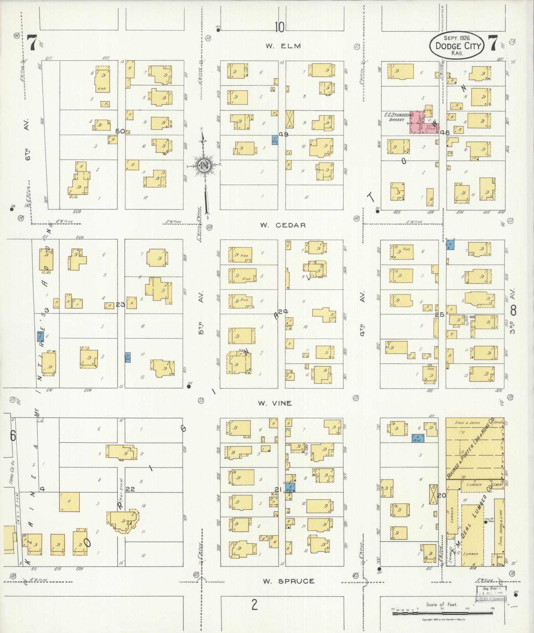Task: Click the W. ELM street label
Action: (x=283, y=46)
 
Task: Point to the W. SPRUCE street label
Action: (x=289, y=581)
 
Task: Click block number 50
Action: (x=120, y=131)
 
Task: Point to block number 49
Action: (x=284, y=134)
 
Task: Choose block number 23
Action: (x=120, y=304)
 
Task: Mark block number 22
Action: (x=130, y=489)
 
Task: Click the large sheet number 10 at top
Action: (x=279, y=27)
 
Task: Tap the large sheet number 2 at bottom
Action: (x=254, y=605)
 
